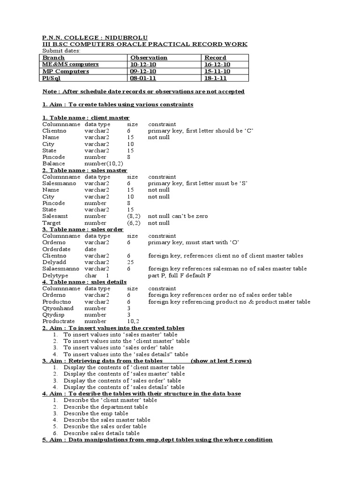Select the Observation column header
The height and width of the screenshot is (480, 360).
tap(149, 58)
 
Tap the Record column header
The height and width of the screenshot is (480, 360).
tap(215, 58)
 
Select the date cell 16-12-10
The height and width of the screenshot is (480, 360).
tap(217, 64)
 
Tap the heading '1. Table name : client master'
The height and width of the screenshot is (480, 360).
tap(86, 118)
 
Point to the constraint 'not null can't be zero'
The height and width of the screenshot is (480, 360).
tap(178, 217)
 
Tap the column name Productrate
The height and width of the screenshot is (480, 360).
tap(59, 322)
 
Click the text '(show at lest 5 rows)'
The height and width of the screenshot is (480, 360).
tap(221, 361)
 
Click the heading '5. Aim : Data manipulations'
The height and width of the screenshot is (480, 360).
tap(157, 440)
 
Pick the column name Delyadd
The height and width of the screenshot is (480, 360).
tap(53, 262)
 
